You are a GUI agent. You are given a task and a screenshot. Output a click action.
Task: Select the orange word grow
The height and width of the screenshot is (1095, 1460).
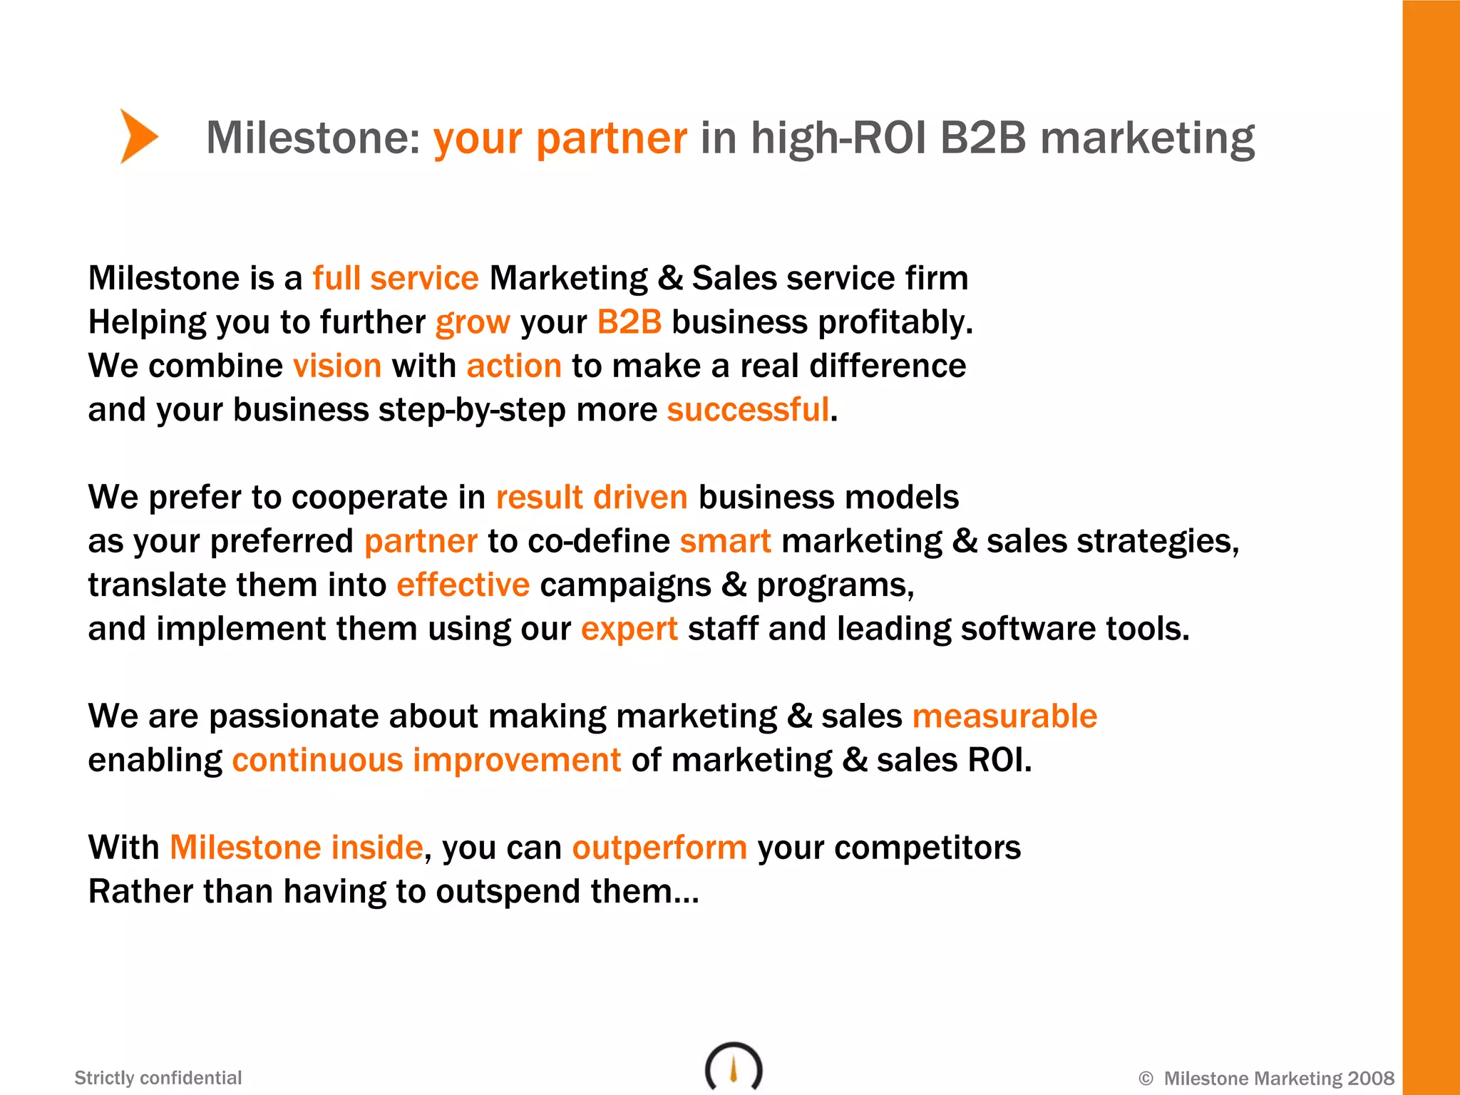[x=473, y=323]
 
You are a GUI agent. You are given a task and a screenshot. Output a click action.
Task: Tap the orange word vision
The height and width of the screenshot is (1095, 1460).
[x=337, y=366]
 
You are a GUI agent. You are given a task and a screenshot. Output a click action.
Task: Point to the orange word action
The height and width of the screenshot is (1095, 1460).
[x=514, y=366]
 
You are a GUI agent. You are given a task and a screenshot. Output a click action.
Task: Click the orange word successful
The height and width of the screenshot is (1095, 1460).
[x=748, y=410]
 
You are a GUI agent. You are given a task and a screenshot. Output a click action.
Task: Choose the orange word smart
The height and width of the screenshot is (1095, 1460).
[x=725, y=541]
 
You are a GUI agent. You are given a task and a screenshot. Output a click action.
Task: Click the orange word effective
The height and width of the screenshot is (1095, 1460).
[x=463, y=585]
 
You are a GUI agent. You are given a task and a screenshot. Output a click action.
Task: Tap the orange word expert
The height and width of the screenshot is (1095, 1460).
[x=629, y=629]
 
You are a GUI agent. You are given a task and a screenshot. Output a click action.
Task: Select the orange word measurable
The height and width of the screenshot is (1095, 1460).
[x=1004, y=716]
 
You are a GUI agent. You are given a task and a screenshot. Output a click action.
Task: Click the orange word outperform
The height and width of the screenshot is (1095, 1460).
[x=659, y=848]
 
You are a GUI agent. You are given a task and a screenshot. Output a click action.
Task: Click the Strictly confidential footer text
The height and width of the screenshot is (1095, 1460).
[x=158, y=1078]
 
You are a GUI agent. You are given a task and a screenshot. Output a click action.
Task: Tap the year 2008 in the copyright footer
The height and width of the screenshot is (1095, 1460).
[x=1370, y=1079]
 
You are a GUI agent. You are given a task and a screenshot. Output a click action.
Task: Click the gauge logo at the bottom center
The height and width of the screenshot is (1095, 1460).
[x=734, y=1067]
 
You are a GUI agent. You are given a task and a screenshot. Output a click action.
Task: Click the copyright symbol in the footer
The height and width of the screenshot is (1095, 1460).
[x=1146, y=1079]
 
